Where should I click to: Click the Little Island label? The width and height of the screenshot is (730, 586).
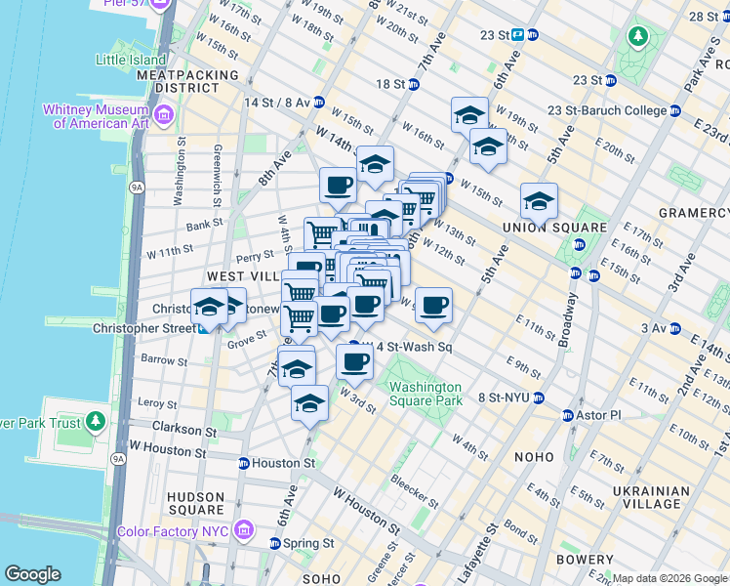[133, 60]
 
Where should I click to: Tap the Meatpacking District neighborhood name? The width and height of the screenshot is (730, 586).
[188, 81]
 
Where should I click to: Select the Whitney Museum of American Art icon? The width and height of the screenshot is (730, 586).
[162, 116]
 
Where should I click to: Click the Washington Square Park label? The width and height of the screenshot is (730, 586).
[426, 393]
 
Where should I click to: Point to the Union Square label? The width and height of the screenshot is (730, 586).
[547, 228]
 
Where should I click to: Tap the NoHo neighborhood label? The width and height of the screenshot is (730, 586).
[536, 456]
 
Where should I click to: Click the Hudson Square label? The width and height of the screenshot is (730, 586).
[195, 502]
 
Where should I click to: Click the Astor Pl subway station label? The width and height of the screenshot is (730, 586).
[602, 415]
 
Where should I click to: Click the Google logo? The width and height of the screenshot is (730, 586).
[32, 574]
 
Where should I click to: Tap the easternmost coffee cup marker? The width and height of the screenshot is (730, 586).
[433, 306]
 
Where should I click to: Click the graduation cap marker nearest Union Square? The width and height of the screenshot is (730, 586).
[538, 202]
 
